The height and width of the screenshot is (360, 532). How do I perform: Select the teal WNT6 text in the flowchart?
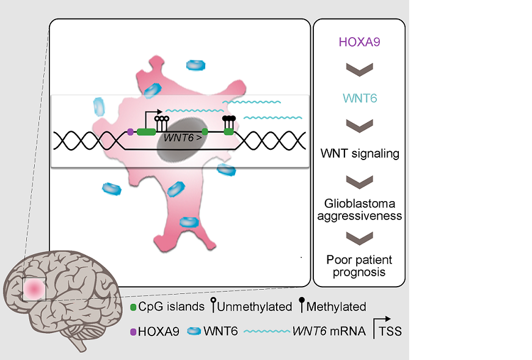pyautogui.click(x=359, y=98)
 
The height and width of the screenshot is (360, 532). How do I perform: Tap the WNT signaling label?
pyautogui.click(x=359, y=153)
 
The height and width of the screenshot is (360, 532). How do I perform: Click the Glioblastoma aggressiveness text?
pyautogui.click(x=359, y=209)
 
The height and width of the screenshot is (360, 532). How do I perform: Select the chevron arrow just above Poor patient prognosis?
pyautogui.click(x=359, y=238)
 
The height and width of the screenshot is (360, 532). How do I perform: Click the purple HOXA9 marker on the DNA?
pyautogui.click(x=130, y=131)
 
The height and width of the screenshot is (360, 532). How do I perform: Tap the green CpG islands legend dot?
pyautogui.click(x=133, y=306)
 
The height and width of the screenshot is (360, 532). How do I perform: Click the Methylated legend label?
pyautogui.click(x=337, y=306)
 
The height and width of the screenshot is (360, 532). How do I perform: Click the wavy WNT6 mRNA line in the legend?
pyautogui.click(x=266, y=332)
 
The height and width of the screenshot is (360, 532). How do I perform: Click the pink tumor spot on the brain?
pyautogui.click(x=34, y=287)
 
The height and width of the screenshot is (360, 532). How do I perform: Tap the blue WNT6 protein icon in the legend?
pyautogui.click(x=194, y=332)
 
